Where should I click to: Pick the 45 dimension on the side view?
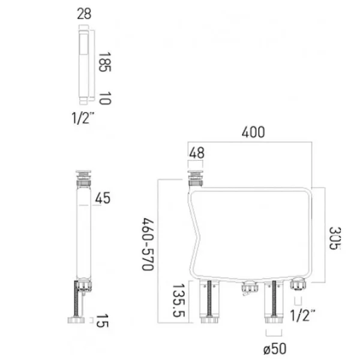(x=104, y=198)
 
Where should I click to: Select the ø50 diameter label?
(x=273, y=346)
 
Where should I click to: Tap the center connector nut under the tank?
(x=246, y=291)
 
